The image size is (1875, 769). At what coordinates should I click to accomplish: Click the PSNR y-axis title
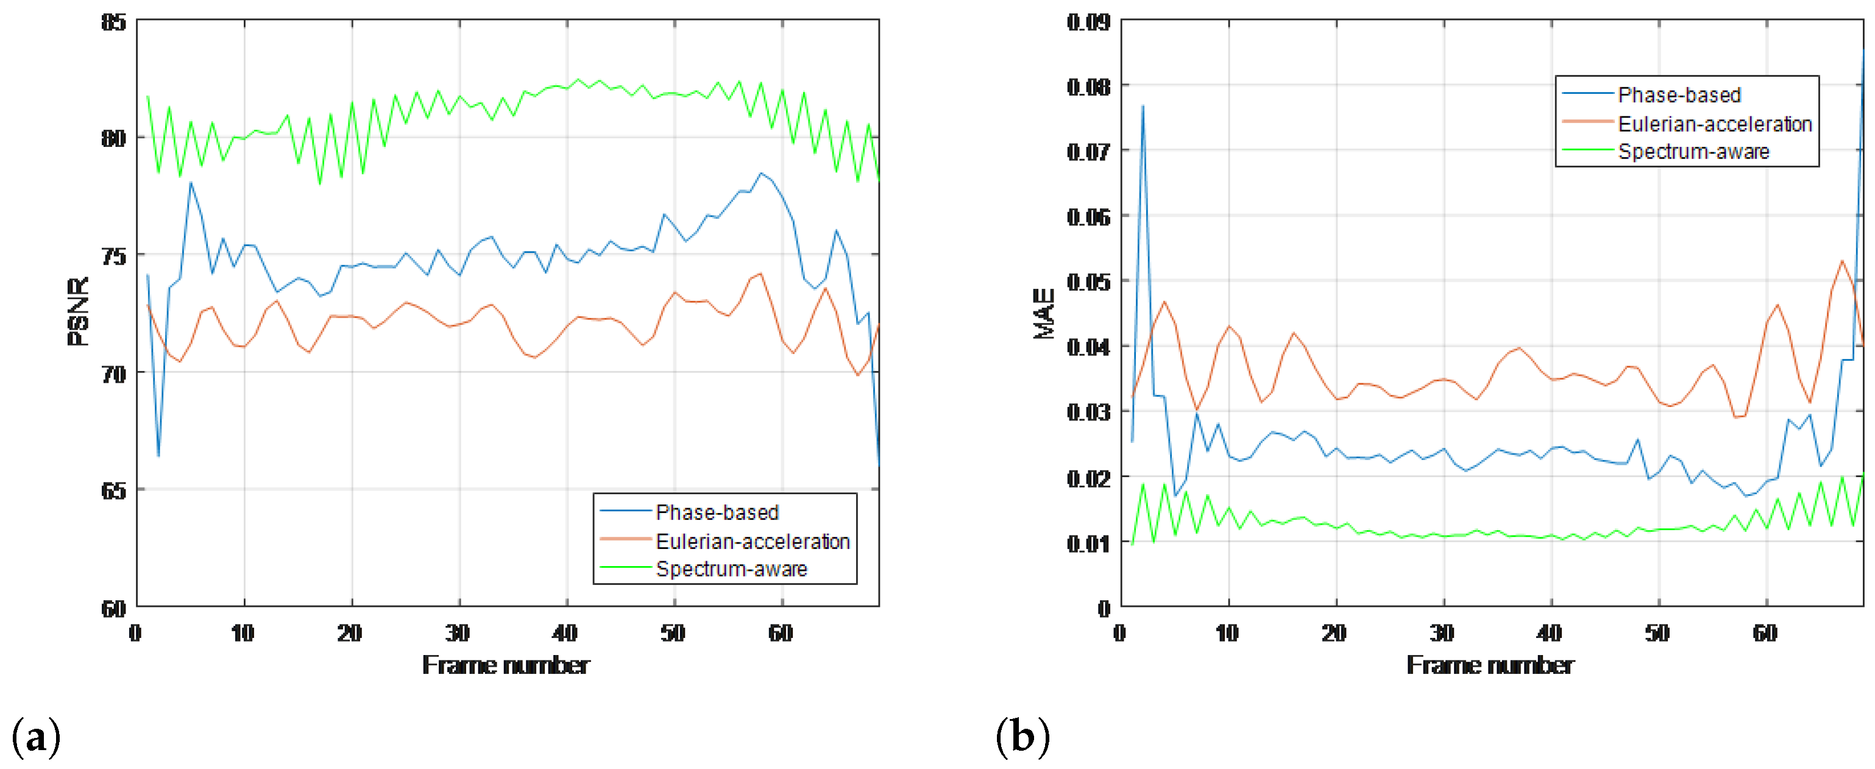click(x=78, y=311)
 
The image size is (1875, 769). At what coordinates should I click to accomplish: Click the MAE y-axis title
click(x=1044, y=314)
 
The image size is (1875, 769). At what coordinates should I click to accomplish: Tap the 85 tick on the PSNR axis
click(x=113, y=23)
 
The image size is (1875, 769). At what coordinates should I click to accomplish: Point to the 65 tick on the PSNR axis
click(x=113, y=491)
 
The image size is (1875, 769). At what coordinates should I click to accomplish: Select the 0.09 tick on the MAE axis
click(x=1088, y=23)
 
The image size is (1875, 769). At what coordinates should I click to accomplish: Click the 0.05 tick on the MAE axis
click(x=1088, y=282)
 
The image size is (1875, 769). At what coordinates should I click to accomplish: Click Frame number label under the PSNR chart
click(x=506, y=665)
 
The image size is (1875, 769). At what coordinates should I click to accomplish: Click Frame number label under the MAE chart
click(x=1490, y=665)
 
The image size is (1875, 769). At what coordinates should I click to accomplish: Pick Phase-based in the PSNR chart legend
click(x=717, y=513)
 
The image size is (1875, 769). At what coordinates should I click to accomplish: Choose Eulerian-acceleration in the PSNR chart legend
click(x=753, y=541)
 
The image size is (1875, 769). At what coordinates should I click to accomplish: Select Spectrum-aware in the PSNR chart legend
click(x=731, y=569)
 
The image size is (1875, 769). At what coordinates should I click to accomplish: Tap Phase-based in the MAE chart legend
click(x=1679, y=95)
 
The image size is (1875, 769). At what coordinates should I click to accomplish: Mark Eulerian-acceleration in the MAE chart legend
click(x=1714, y=124)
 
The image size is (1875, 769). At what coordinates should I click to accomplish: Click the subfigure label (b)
click(x=1022, y=736)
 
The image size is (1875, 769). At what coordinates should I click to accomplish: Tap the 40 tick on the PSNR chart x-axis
click(x=565, y=634)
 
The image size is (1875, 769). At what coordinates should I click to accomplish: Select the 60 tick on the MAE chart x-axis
click(x=1765, y=634)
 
